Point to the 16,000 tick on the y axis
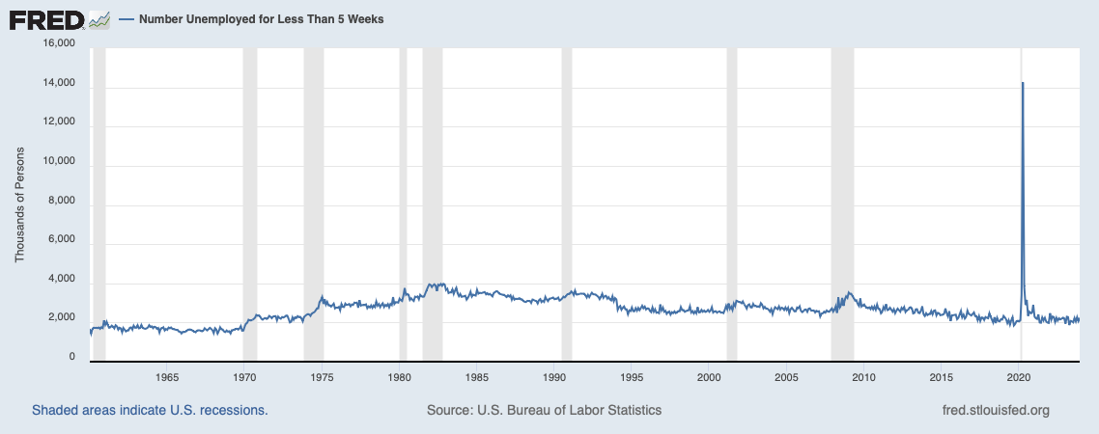pyautogui.click(x=59, y=43)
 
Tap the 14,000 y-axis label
pyautogui.click(x=59, y=84)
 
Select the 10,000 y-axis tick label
pyautogui.click(x=59, y=165)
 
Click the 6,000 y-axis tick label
pyautogui.click(x=62, y=245)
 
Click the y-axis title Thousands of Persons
pyautogui.click(x=19, y=204)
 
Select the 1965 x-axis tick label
pyautogui.click(x=166, y=376)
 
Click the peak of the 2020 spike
pyautogui.click(x=1023, y=84)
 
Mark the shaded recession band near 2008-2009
pyautogui.click(x=842, y=193)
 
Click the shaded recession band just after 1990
pyautogui.click(x=567, y=193)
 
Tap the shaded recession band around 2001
pyautogui.click(x=731, y=193)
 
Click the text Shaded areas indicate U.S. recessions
pyautogui.click(x=150, y=410)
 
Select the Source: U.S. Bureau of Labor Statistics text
pyautogui.click(x=544, y=410)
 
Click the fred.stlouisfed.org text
pyautogui.click(x=995, y=410)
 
